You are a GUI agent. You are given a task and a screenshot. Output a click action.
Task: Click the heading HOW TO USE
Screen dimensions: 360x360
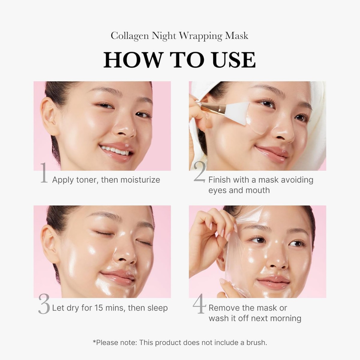point(179,60)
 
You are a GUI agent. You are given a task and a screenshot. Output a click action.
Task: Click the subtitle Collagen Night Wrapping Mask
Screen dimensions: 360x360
point(179,36)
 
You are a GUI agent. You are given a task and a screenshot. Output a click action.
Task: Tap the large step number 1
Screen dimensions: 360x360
point(44,173)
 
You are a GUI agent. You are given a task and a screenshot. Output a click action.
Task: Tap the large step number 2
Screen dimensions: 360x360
point(200,172)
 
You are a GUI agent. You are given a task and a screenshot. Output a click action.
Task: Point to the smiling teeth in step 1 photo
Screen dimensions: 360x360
point(115,150)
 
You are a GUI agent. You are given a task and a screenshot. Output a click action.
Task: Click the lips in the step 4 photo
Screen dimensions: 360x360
point(273,282)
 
